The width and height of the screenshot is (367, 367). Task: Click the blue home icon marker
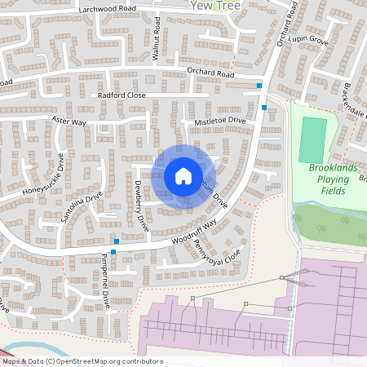tap(183, 175)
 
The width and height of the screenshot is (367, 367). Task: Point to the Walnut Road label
tap(156, 41)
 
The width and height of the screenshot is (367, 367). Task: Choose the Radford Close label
tap(121, 95)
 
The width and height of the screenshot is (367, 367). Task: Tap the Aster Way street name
tap(69, 121)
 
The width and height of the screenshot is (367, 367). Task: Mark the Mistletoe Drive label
tap(219, 121)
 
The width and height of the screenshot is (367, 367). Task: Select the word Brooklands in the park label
tap(333, 168)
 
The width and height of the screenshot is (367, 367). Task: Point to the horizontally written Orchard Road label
tap(209, 73)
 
